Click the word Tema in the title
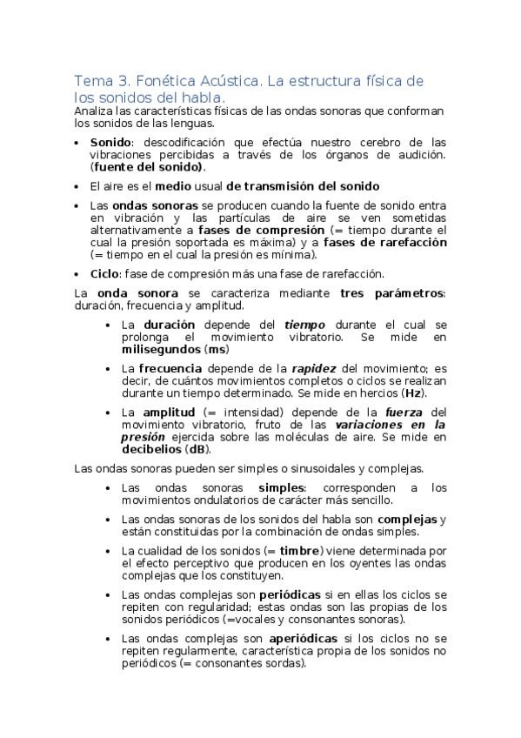pyautogui.click(x=91, y=80)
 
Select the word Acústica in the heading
pyautogui.click(x=230, y=80)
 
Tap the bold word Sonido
pyautogui.click(x=110, y=142)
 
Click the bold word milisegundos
pyautogui.click(x=160, y=348)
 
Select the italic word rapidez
pyautogui.click(x=313, y=367)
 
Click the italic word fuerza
pyautogui.click(x=405, y=412)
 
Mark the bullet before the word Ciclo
pyautogui.click(x=80, y=274)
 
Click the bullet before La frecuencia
pyautogui.click(x=108, y=368)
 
